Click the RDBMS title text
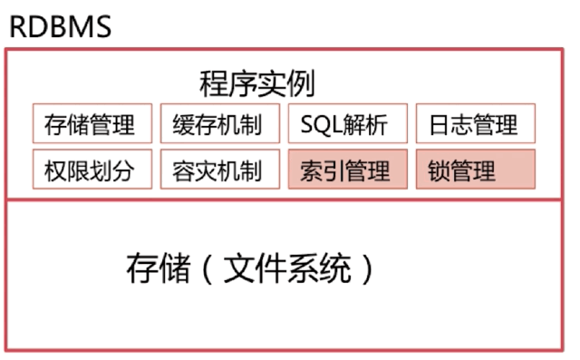(60, 24)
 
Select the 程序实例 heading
(256, 83)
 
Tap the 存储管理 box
(89, 124)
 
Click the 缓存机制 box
(217, 124)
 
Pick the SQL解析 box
(345, 124)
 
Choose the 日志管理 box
(474, 124)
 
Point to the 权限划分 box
(89, 170)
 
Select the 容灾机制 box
(217, 170)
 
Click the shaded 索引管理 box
(345, 170)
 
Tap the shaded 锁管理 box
(474, 170)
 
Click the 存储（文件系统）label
(249, 269)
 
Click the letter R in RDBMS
(18, 25)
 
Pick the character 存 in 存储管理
(55, 125)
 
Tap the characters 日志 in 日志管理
(450, 125)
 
